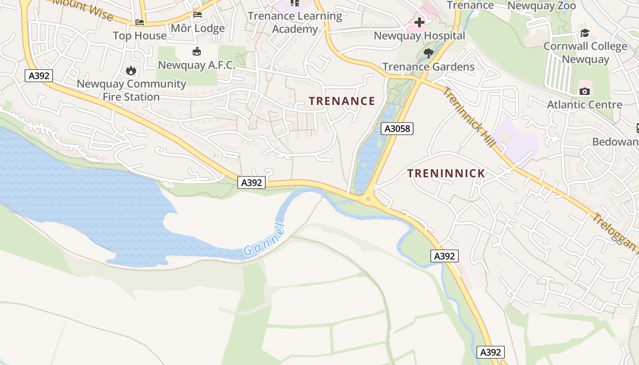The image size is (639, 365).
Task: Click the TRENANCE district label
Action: tap(342, 101)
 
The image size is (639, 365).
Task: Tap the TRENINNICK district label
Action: tap(446, 173)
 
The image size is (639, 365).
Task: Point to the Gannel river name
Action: tap(264, 240)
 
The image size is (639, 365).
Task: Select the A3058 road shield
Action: tap(397, 129)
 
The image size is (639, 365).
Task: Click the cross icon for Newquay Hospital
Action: tap(419, 22)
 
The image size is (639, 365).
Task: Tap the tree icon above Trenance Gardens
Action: tap(428, 53)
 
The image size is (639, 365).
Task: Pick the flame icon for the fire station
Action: tap(131, 70)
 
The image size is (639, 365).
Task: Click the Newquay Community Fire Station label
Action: tap(131, 90)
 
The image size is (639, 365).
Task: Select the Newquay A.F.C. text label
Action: tap(196, 65)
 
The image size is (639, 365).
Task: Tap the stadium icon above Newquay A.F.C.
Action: tap(197, 51)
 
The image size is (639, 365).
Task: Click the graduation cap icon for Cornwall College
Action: tap(585, 33)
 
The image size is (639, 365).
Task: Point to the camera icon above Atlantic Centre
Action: tap(584, 91)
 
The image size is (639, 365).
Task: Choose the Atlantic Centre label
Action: tap(584, 104)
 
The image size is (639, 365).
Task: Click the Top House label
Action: tap(140, 36)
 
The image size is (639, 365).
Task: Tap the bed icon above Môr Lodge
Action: tap(198, 15)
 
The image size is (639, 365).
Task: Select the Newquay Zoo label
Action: tap(541, 6)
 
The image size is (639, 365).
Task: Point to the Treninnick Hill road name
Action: tap(469, 117)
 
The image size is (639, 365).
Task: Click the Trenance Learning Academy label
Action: tap(295, 22)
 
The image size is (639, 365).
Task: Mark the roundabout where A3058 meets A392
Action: tap(368, 198)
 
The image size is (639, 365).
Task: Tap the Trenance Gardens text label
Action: tap(428, 67)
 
